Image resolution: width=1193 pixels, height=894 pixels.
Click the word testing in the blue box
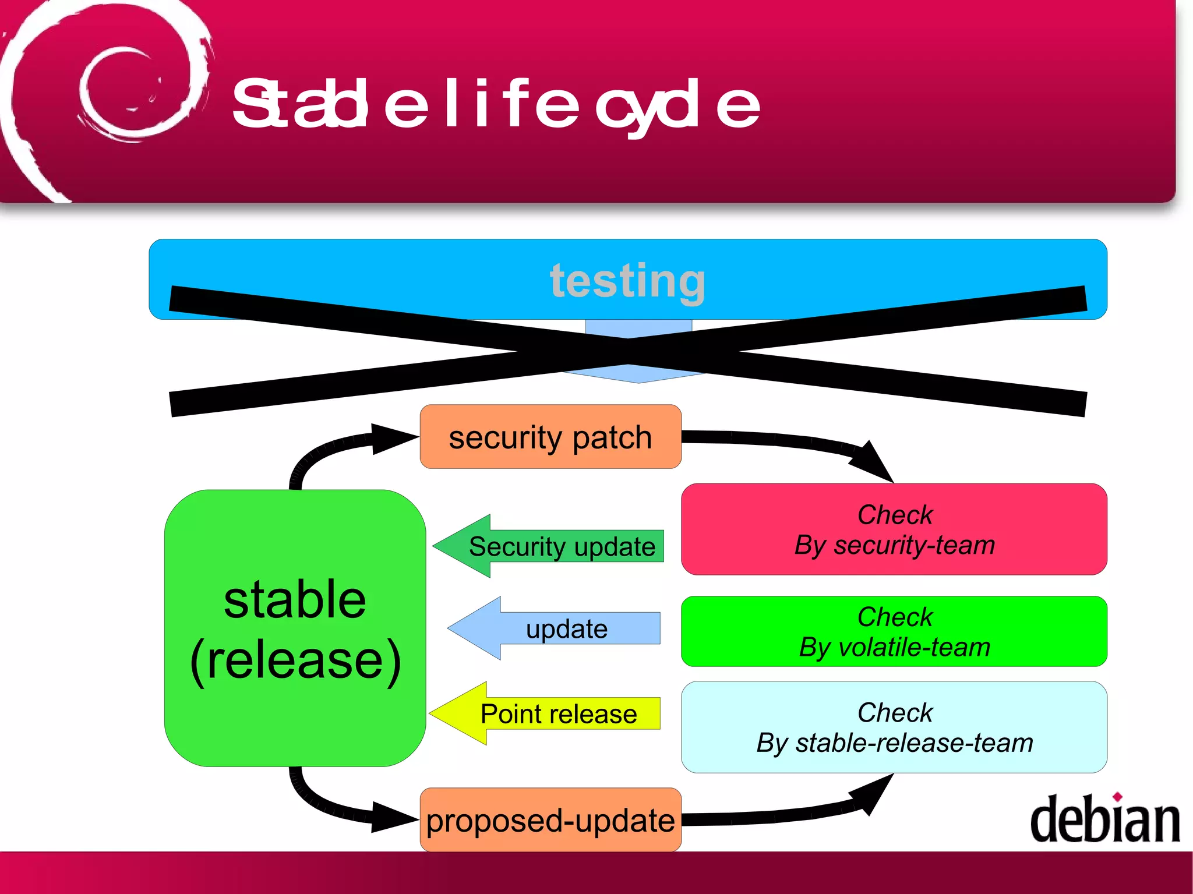coord(627,281)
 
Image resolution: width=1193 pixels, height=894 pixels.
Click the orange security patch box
coord(550,437)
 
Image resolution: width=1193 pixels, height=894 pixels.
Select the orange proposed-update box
coord(550,820)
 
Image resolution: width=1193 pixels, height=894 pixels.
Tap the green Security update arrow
coord(548,546)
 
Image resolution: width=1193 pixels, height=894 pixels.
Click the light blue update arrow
coord(553,628)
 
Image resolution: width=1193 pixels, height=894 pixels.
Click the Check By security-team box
coord(894,529)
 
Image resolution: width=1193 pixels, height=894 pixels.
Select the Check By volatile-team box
coord(894,631)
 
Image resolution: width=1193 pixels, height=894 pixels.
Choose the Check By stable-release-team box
coord(894,727)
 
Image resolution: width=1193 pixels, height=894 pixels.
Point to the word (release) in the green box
coord(295,660)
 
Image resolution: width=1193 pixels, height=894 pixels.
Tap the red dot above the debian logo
coord(1117,797)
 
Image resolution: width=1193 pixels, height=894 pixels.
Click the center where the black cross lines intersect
coord(628,351)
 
